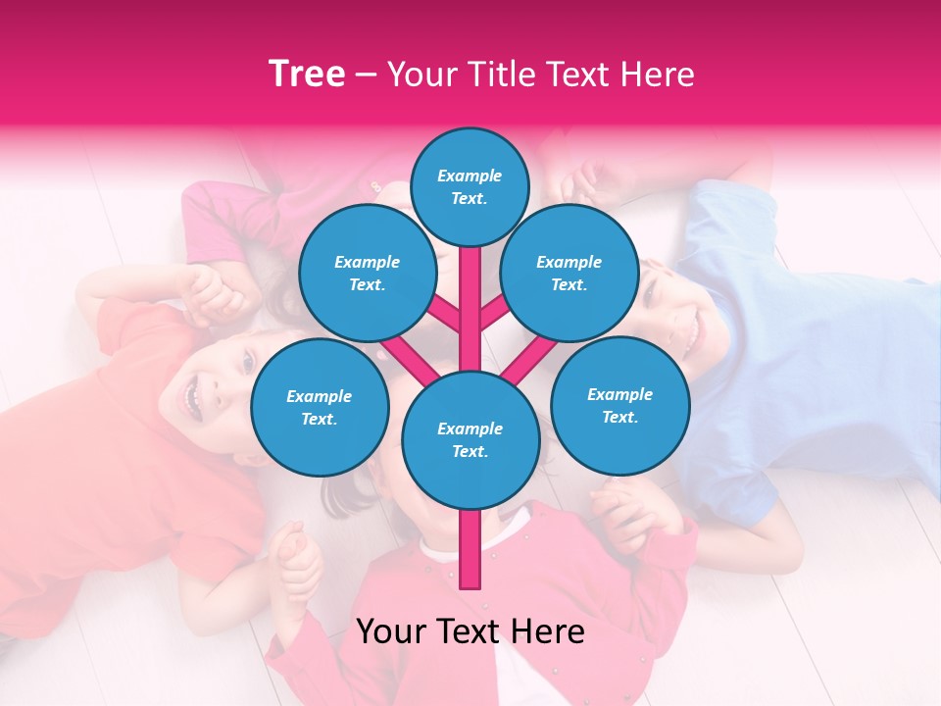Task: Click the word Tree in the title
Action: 307,74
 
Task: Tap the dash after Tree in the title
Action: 367,76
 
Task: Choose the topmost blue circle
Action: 470,186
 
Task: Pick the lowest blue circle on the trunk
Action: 470,440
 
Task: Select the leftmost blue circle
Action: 320,408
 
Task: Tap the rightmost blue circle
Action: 620,406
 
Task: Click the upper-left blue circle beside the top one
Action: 368,274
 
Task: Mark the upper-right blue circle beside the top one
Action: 570,274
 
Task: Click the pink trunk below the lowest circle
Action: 470,549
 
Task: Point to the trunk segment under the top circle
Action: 470,284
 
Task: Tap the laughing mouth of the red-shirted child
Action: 191,395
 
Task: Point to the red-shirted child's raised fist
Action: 211,290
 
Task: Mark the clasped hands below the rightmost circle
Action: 627,510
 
